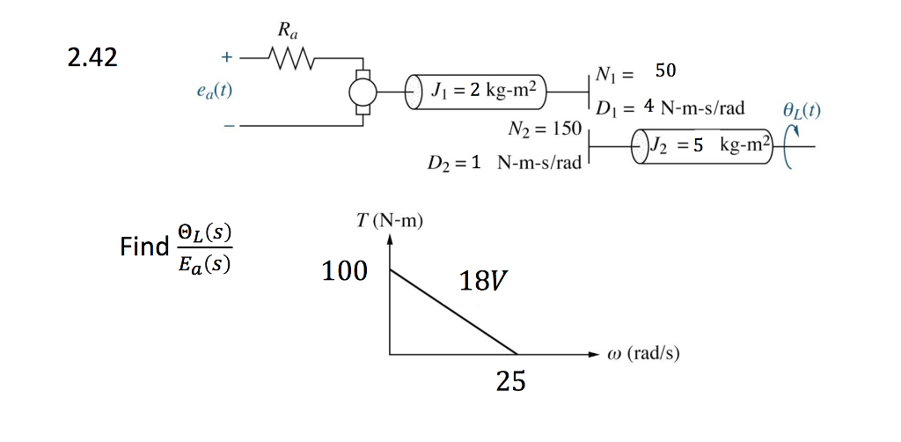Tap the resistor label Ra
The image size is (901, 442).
pyautogui.click(x=288, y=32)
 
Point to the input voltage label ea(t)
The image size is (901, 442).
pyautogui.click(x=215, y=90)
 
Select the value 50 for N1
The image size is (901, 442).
pyautogui.click(x=665, y=70)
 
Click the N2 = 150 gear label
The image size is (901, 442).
pyautogui.click(x=545, y=129)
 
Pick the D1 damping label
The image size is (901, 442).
pyautogui.click(x=670, y=107)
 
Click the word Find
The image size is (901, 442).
pyautogui.click(x=144, y=246)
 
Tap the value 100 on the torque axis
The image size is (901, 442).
pyautogui.click(x=345, y=271)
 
